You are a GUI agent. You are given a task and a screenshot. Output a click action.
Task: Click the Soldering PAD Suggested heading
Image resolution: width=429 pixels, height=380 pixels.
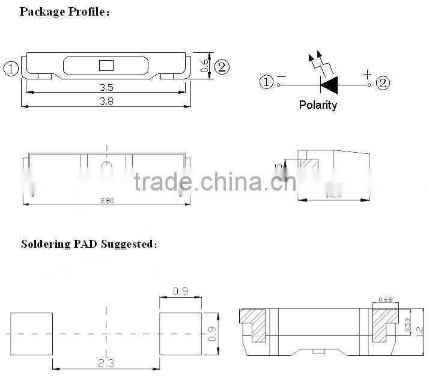(x=89, y=244)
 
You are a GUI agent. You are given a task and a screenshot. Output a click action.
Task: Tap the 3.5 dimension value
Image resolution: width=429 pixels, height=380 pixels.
(x=106, y=87)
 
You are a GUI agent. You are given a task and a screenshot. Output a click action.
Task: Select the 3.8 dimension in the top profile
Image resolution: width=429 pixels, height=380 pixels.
(x=106, y=101)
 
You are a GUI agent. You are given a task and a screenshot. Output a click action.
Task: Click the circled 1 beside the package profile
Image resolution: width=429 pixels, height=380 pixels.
(x=11, y=68)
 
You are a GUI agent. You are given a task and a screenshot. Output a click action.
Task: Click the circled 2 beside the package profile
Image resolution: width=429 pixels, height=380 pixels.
(x=222, y=67)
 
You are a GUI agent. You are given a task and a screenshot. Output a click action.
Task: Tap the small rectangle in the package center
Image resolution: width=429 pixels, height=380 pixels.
(x=106, y=66)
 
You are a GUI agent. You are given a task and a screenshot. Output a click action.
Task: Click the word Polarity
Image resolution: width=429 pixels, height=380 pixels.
(x=318, y=105)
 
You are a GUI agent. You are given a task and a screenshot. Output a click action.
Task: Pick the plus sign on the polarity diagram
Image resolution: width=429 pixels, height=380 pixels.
(x=367, y=74)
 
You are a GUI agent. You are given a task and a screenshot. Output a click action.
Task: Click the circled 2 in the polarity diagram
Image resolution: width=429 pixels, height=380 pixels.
(x=383, y=83)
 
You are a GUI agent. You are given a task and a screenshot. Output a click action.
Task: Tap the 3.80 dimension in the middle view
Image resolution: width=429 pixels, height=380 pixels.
(x=106, y=200)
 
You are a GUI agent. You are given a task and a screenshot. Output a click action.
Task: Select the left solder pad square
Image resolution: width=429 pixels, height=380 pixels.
(x=32, y=333)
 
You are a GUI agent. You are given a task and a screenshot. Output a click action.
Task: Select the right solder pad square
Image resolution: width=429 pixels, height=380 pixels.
(x=180, y=333)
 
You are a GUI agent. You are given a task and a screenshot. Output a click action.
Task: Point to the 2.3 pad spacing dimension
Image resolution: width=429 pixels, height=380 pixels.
(x=106, y=362)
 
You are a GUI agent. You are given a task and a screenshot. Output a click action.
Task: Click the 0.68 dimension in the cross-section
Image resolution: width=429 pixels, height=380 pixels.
(x=386, y=300)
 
